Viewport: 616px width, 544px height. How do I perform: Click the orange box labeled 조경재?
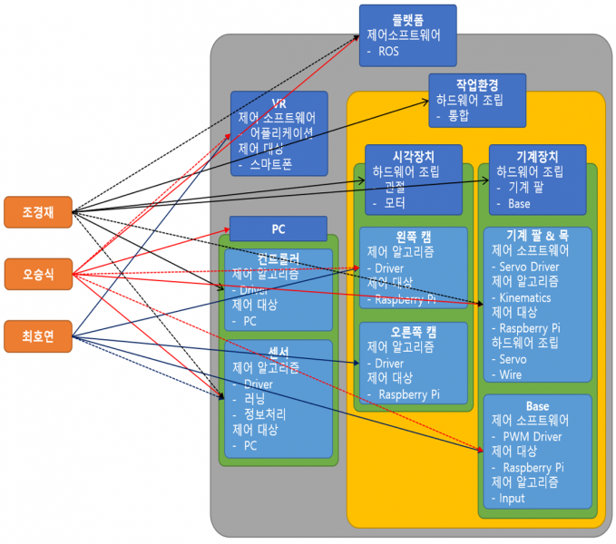[x=37, y=212]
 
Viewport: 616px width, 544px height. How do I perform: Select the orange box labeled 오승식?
[x=37, y=275]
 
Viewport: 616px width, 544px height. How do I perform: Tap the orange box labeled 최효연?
[x=37, y=337]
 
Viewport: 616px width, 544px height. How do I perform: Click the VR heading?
[x=279, y=102]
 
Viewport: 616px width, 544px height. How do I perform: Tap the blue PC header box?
[x=278, y=228]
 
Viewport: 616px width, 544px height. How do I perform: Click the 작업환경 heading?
[x=476, y=83]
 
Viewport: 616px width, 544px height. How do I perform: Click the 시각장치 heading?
[x=413, y=155]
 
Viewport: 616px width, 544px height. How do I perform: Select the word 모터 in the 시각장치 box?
[x=395, y=203]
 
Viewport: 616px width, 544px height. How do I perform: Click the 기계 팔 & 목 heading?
[x=537, y=236]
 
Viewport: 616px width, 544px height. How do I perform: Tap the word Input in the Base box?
[x=512, y=498]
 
